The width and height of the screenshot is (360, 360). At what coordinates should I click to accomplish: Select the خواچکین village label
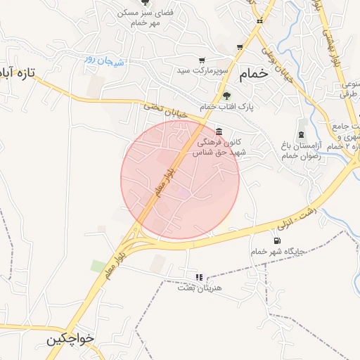70,340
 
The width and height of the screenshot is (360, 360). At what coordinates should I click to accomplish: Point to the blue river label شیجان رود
105,60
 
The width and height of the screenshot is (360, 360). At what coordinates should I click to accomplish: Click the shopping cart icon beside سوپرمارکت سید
202,60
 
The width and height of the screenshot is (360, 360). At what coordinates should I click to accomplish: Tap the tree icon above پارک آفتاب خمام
226,96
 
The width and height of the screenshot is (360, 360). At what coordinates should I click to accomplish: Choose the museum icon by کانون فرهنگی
220,131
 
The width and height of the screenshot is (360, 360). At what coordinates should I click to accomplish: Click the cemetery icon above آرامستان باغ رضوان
302,134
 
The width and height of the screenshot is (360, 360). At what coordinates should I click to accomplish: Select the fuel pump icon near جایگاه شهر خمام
266,240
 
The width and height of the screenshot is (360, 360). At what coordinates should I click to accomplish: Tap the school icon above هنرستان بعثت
199,277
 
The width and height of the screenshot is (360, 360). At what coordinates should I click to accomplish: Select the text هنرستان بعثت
200,288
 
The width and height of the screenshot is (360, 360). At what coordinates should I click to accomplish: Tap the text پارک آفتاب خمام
226,107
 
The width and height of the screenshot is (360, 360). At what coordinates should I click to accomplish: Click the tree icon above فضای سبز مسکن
146,3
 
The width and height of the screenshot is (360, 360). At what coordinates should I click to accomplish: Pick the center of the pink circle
180,180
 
